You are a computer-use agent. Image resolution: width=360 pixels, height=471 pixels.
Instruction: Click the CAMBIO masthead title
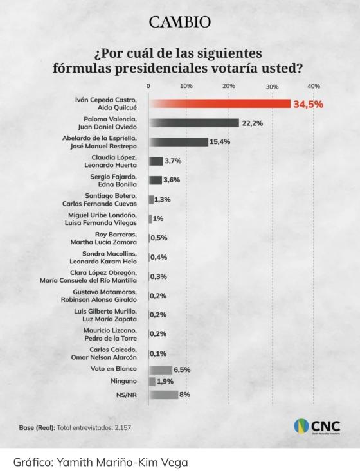coord(179,22)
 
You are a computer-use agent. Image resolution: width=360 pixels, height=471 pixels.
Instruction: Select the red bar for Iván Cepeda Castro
coord(219,103)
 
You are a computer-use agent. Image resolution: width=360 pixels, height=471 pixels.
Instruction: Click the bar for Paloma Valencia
coord(193,123)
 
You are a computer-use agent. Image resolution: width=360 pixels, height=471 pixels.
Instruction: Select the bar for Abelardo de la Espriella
coord(178,142)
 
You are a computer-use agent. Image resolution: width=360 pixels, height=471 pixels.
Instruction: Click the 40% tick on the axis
coord(314,86)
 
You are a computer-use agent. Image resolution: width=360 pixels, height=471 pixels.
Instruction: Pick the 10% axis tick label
coord(186,86)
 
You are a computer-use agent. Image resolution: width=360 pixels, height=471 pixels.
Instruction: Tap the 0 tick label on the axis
coord(149,86)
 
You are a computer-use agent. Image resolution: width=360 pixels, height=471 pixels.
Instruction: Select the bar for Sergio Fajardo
coord(156,181)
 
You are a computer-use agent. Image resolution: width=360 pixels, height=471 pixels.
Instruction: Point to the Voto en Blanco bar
coord(161,369)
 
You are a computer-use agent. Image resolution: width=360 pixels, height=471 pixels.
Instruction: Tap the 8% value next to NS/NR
coord(184,395)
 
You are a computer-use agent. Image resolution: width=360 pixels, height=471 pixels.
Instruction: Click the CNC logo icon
coord(302,427)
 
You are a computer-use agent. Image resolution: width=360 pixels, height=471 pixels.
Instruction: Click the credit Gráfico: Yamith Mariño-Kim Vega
coord(100,460)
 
